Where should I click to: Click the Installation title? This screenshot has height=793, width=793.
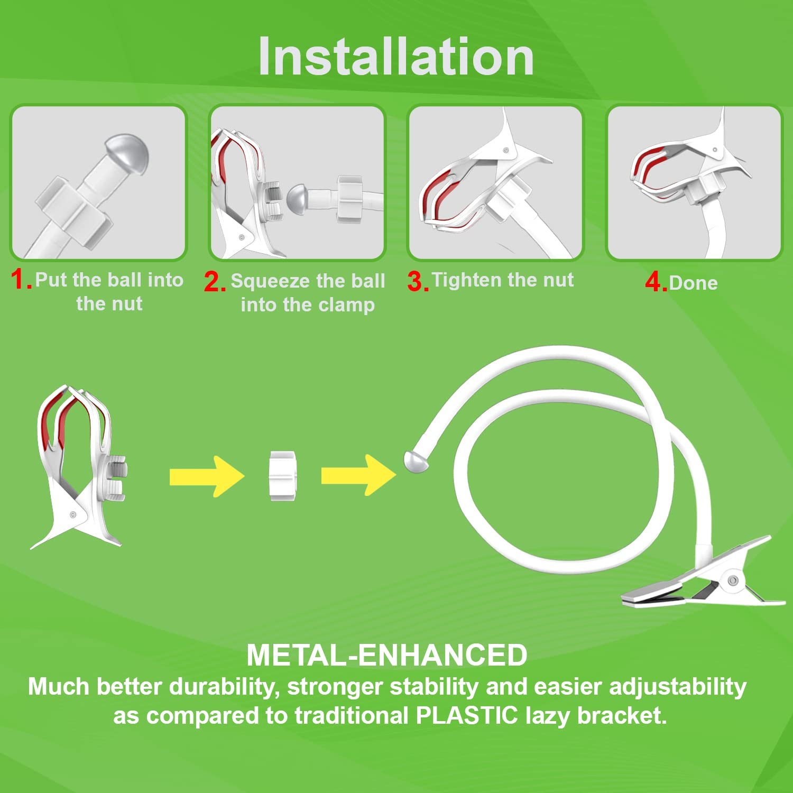click(x=396, y=57)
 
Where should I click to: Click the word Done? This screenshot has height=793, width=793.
click(x=693, y=283)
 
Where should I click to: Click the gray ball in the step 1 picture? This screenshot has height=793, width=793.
click(x=127, y=151)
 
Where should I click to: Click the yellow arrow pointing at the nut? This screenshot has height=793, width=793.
click(x=207, y=476)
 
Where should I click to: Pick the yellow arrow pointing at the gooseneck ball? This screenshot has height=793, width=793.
click(x=358, y=475)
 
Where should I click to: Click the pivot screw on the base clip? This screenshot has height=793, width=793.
click(x=732, y=580)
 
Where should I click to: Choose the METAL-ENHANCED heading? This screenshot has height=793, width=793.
click(x=387, y=655)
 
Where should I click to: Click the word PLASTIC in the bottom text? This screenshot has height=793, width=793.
click(x=467, y=715)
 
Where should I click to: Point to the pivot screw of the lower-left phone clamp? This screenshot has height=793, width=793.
click(x=73, y=514)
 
